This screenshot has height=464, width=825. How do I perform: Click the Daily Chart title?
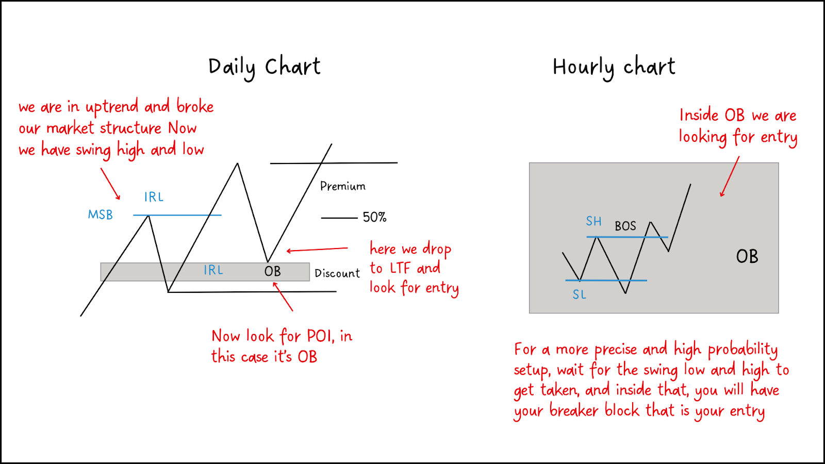point(265,68)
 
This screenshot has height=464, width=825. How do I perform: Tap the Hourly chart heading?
point(614,68)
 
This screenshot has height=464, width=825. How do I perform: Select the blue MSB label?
point(100,214)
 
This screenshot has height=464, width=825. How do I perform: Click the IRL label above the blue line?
point(154,197)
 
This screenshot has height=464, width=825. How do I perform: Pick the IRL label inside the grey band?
point(213,270)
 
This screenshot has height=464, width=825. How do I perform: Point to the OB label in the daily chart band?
point(273,271)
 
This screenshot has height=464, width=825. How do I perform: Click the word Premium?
point(343,186)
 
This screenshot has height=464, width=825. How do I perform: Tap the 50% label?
point(374,217)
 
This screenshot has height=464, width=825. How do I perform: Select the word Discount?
point(337,273)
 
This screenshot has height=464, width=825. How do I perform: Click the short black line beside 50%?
point(339,218)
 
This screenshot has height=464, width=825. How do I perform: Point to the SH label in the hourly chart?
point(593,221)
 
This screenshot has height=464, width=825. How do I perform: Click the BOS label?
point(625,226)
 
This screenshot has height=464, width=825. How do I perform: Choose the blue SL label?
point(580,294)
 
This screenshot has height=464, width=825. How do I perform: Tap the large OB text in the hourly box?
point(747,256)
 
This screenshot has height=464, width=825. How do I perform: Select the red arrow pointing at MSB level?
point(110,184)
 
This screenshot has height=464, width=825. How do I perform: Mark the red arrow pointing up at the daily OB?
point(283,296)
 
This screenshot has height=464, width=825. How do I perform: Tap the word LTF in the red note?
point(401,268)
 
